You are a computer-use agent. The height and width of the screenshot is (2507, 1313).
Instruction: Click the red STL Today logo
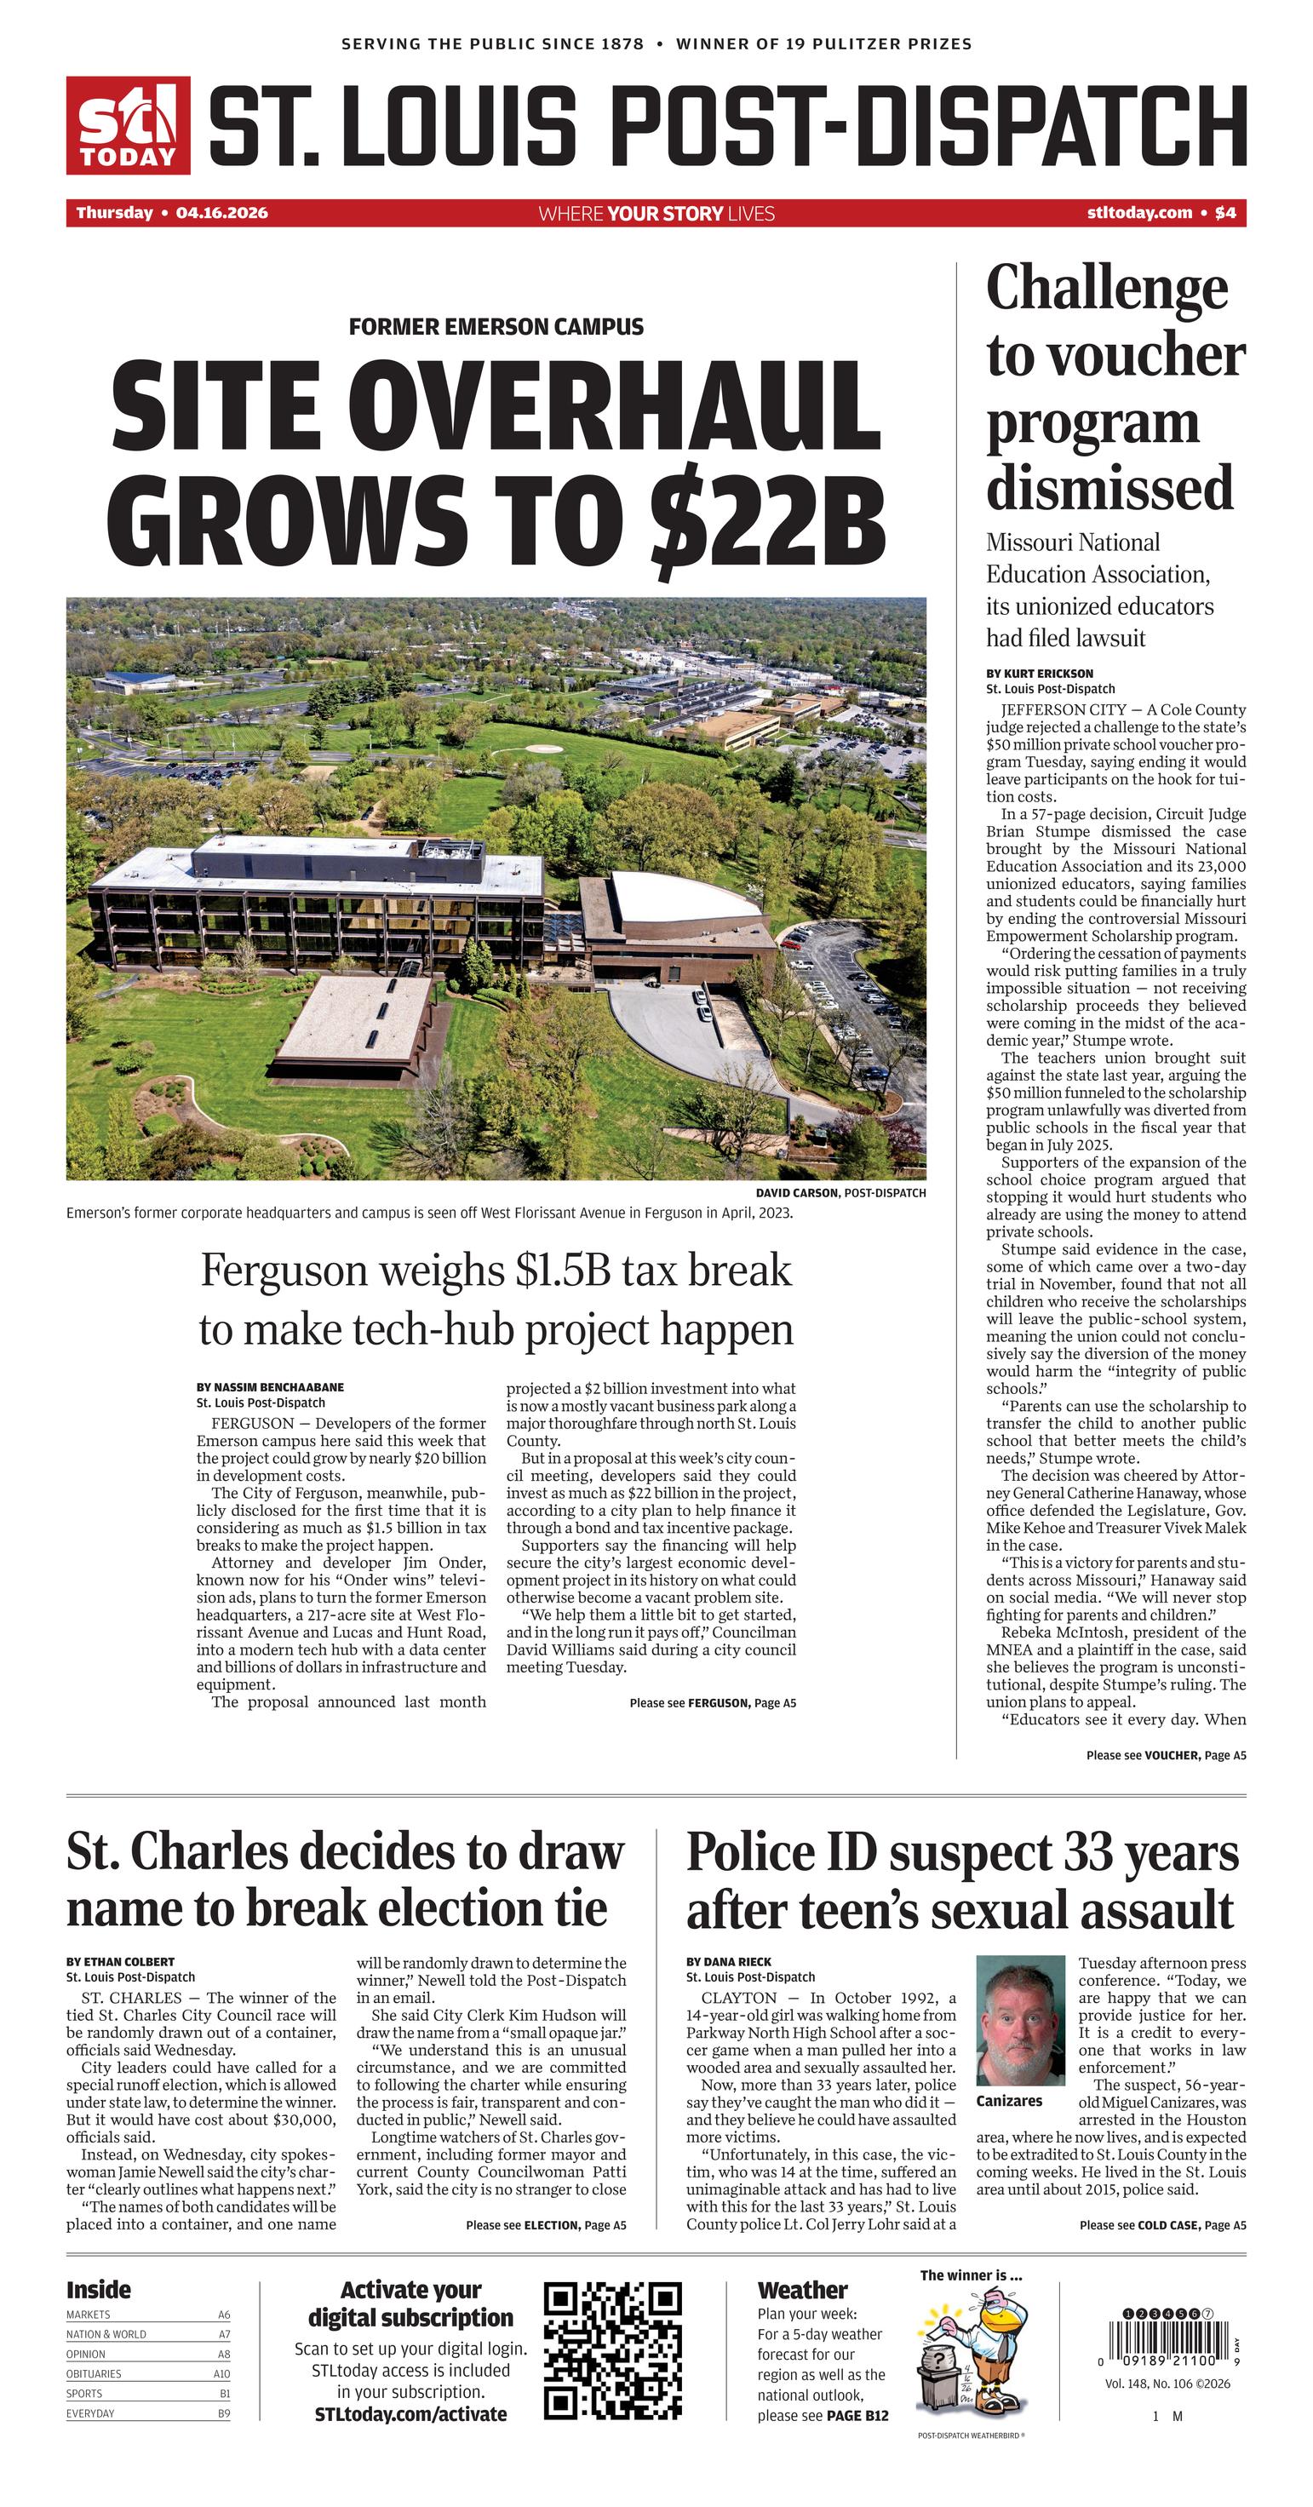point(128,125)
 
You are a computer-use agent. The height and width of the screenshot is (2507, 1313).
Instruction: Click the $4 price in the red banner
point(1225,213)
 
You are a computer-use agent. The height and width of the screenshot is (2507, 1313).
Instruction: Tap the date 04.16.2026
point(222,213)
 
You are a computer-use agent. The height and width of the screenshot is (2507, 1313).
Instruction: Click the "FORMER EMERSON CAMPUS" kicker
point(496,327)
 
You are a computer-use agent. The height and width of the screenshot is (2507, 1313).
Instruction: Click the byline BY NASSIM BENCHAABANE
point(270,1387)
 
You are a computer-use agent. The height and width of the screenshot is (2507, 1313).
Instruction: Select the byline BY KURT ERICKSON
point(1040,674)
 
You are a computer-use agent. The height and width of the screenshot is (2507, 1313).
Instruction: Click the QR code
point(612,2351)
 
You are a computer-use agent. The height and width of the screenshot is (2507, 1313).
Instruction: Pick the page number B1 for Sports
point(224,2393)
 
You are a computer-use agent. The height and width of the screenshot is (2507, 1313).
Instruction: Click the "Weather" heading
point(802,2290)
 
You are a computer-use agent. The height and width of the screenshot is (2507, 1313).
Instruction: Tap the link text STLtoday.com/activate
point(410,2413)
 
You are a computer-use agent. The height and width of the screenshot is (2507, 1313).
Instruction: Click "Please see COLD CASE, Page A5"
point(1162,2225)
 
